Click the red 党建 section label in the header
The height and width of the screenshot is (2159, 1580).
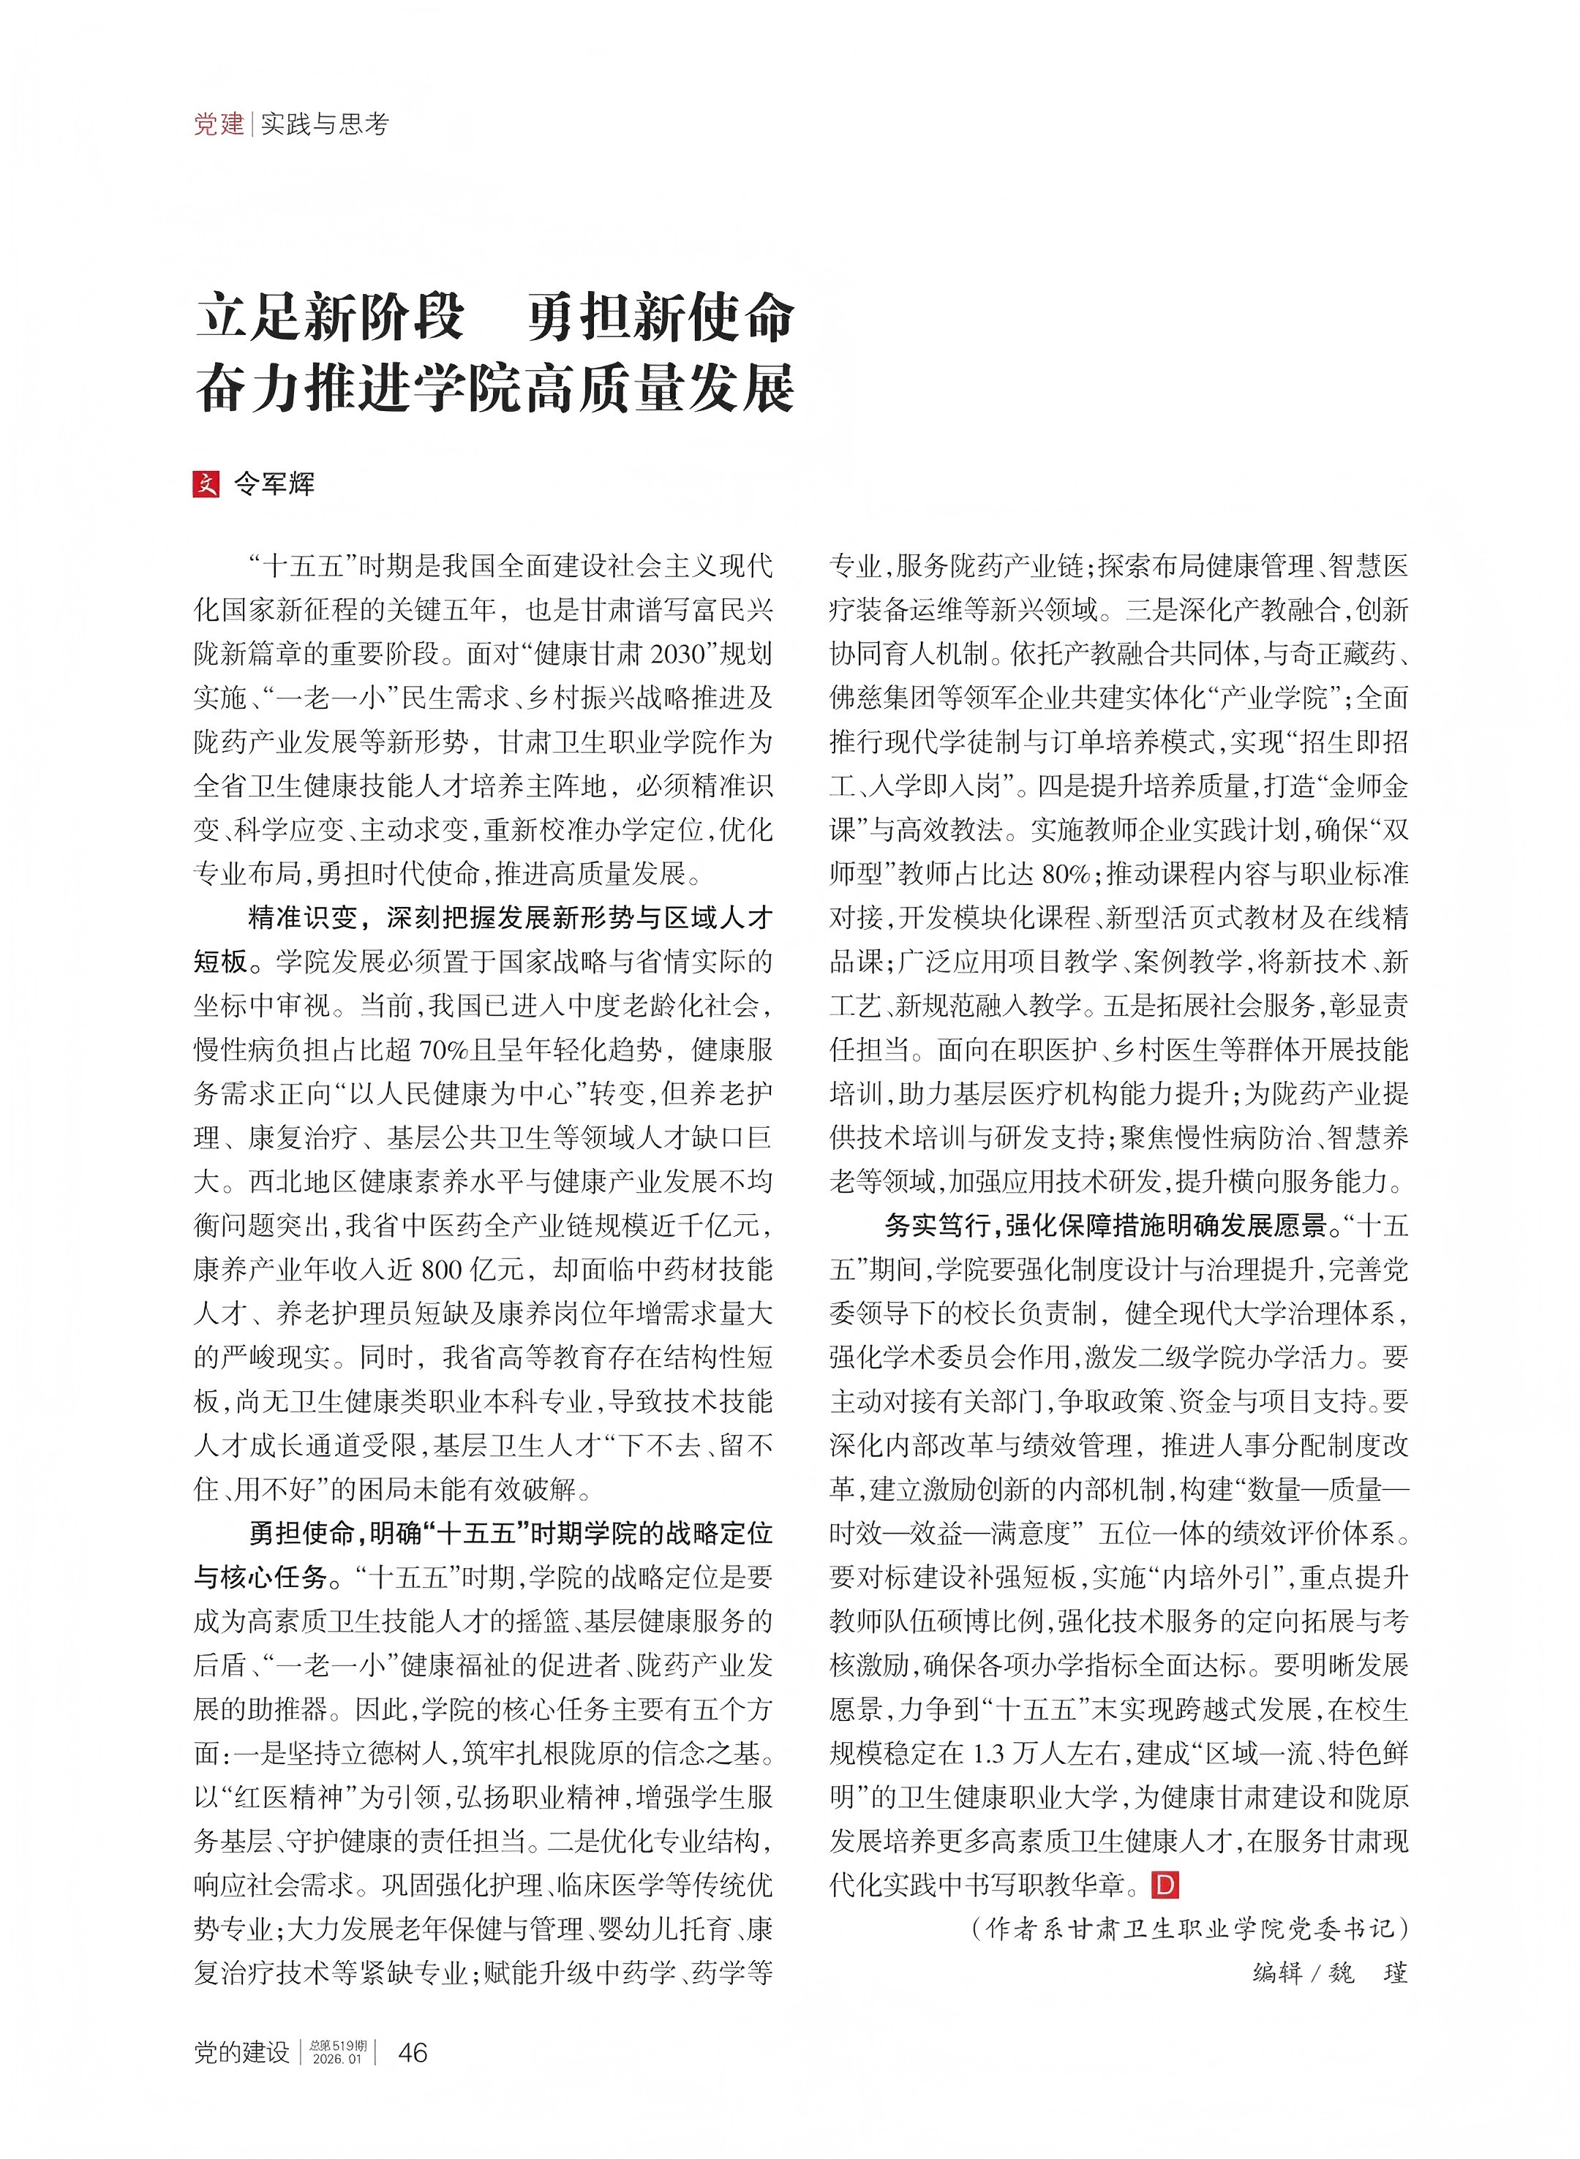click(219, 124)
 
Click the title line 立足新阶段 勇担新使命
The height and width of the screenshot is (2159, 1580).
click(494, 317)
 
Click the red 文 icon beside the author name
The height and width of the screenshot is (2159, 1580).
click(206, 484)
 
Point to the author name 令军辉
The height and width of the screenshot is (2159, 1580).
click(274, 484)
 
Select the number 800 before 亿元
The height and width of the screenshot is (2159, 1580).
click(442, 1270)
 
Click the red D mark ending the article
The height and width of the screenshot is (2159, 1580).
click(1166, 1885)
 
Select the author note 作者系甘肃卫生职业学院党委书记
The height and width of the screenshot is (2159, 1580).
click(1190, 1929)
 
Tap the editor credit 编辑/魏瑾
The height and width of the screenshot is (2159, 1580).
click(1329, 1973)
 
